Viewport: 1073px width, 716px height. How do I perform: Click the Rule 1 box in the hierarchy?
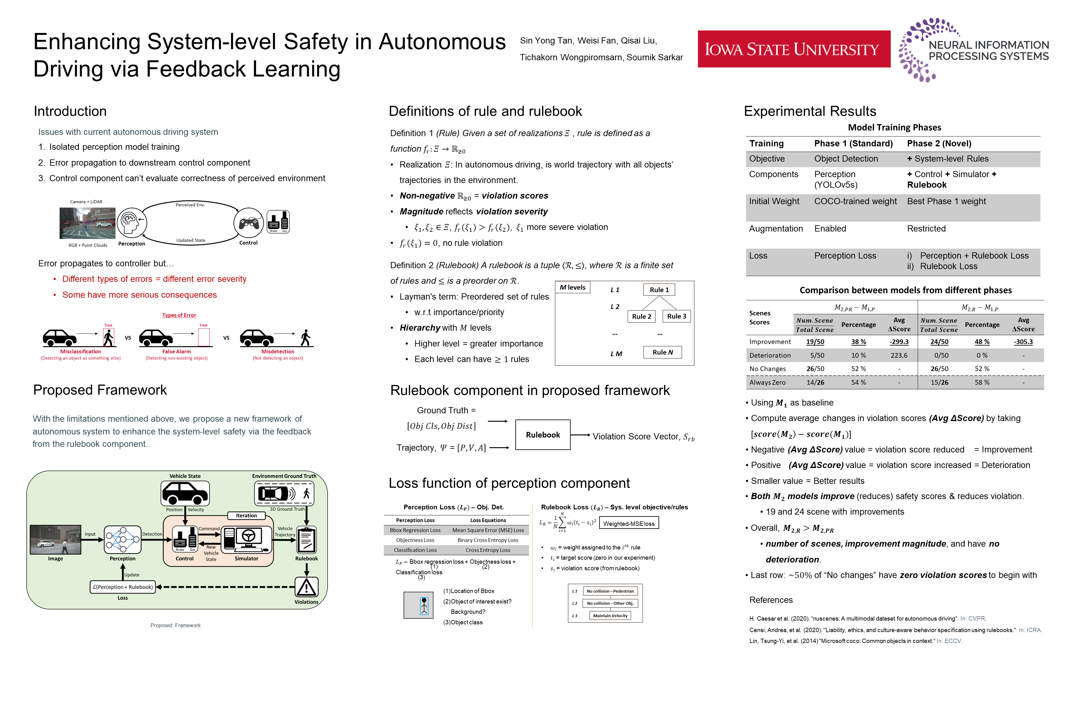[659, 290]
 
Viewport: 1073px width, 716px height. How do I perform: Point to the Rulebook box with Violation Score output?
[542, 435]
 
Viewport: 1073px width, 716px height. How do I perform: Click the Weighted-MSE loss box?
[629, 523]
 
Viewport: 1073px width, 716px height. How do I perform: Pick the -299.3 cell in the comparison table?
[899, 342]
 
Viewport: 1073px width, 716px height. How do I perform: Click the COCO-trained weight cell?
[855, 201]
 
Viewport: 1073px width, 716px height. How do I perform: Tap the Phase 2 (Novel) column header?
[939, 143]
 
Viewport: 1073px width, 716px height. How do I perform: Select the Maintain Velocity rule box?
[610, 616]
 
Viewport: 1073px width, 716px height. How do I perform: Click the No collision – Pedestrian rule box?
[610, 591]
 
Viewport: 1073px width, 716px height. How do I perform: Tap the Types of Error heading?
[179, 315]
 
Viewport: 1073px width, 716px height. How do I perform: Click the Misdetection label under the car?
[277, 351]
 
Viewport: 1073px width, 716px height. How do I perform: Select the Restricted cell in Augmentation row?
[926, 229]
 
